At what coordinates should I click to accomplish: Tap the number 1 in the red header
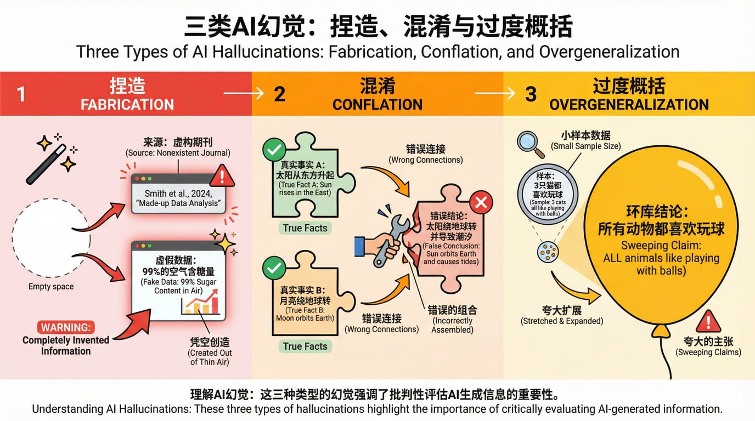pyautogui.click(x=21, y=94)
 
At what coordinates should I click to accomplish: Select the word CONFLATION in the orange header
pyautogui.click(x=377, y=105)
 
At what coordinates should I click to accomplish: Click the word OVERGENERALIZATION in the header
pyautogui.click(x=629, y=105)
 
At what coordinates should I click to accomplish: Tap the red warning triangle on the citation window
pyautogui.click(x=222, y=177)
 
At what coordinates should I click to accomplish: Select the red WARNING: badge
pyautogui.click(x=65, y=327)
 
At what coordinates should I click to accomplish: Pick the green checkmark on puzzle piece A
pyautogui.click(x=274, y=150)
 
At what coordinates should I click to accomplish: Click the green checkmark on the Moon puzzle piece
pyautogui.click(x=274, y=268)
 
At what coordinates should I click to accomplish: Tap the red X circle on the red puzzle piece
pyautogui.click(x=481, y=203)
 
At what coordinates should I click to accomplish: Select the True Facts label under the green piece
pyautogui.click(x=305, y=228)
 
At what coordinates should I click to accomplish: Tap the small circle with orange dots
pyautogui.click(x=548, y=252)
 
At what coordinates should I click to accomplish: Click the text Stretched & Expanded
pyautogui.click(x=561, y=321)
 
